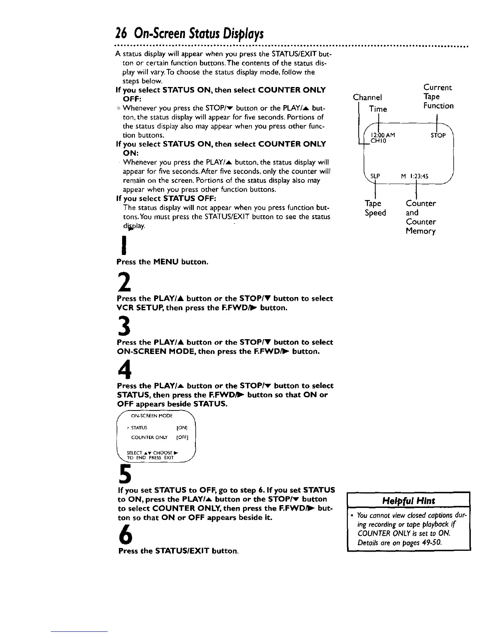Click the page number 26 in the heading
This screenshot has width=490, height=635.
pyautogui.click(x=121, y=33)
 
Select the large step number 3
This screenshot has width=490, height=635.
pyautogui.click(x=122, y=328)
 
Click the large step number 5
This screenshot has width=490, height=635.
pyautogui.click(x=124, y=475)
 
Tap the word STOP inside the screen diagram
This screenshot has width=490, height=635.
pyautogui.click(x=438, y=135)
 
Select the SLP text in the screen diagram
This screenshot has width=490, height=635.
pyautogui.click(x=375, y=176)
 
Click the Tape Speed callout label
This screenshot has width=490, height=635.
pyautogui.click(x=375, y=208)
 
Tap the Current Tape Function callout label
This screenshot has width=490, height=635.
pyautogui.click(x=438, y=97)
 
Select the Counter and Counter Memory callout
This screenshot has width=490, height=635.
pyautogui.click(x=421, y=217)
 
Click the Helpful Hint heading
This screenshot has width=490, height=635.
pyautogui.click(x=408, y=501)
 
